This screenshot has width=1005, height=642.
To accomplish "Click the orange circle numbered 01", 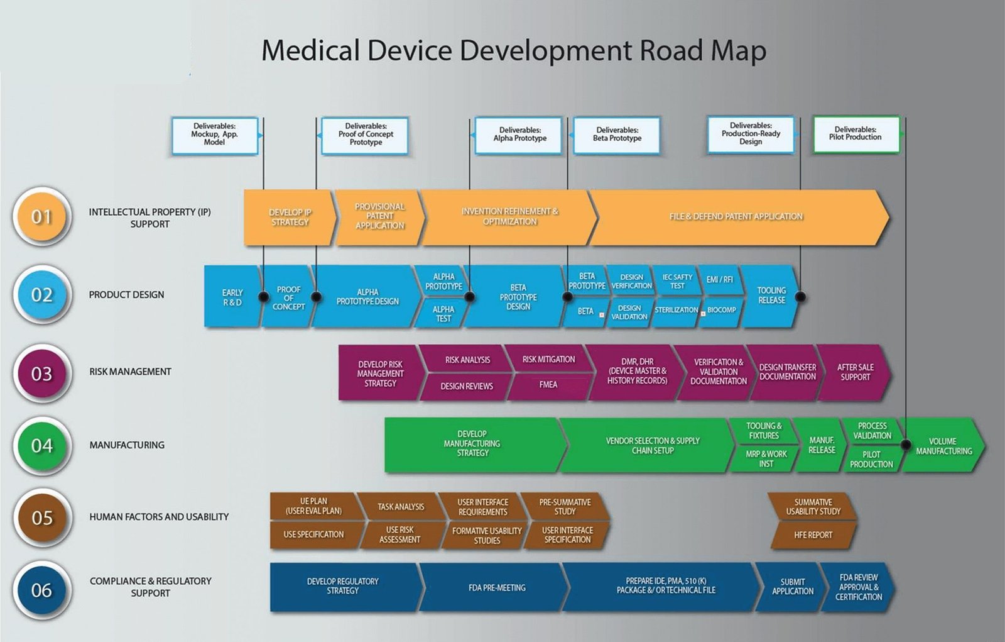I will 41,217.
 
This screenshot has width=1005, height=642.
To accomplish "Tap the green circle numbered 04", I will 41,446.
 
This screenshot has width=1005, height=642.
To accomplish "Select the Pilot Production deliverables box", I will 856,134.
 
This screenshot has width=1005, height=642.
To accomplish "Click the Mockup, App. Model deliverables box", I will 215,135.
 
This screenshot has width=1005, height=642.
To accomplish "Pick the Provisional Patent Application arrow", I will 379,216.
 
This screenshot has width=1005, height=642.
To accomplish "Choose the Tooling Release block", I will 771,296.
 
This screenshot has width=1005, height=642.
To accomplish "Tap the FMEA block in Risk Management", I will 548,385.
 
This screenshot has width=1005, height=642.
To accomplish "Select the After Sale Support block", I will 855,372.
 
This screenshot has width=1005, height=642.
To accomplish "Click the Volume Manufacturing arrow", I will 943,446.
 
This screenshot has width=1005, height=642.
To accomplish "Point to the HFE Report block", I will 813,535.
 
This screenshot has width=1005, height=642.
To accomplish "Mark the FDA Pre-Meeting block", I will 497,588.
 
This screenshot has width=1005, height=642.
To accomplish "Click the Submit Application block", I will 792,587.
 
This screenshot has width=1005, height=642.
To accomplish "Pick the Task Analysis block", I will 401,507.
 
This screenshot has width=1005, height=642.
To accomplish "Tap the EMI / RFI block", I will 719,280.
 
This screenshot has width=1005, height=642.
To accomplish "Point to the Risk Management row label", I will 130,372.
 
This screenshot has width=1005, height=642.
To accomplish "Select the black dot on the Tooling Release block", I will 800,297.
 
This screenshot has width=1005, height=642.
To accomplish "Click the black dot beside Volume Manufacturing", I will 906,445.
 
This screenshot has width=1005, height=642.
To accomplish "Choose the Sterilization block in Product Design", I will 676,310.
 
